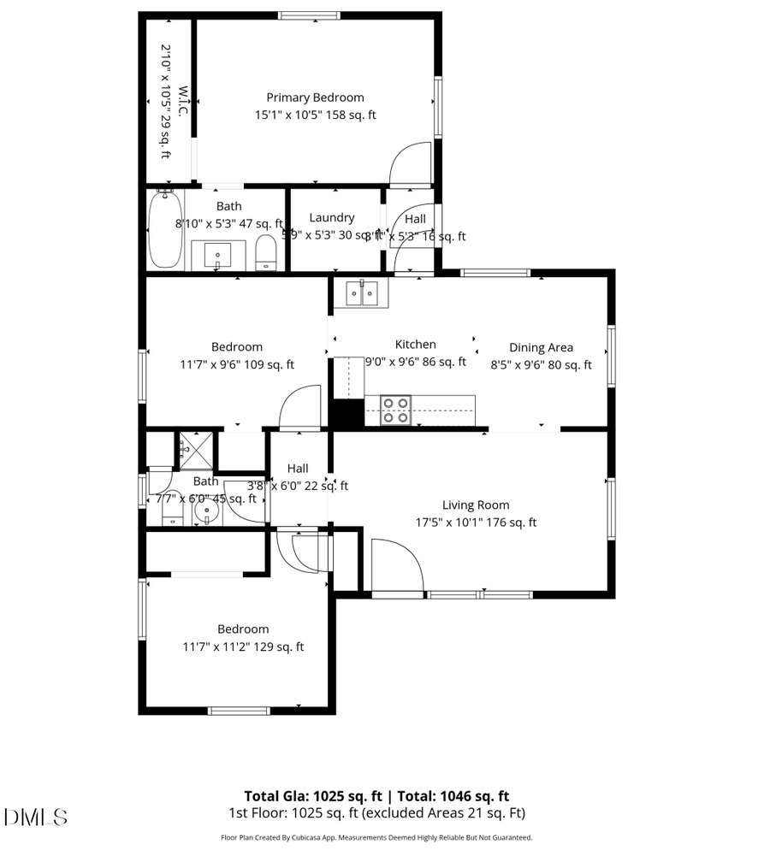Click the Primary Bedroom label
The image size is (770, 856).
pyautogui.click(x=315, y=97)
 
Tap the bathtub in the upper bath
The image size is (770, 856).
pyautogui.click(x=164, y=230)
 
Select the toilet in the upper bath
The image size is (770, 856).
pyautogui.click(x=267, y=252)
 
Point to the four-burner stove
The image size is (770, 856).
pyautogui.click(x=396, y=410)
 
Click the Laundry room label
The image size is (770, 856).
pyautogui.click(x=332, y=218)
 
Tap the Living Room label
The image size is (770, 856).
pyautogui.click(x=476, y=505)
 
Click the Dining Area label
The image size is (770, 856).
pyautogui.click(x=541, y=348)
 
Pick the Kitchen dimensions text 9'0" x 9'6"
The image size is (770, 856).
pyautogui.click(x=416, y=363)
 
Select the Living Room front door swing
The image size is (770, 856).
pyautogui.click(x=396, y=564)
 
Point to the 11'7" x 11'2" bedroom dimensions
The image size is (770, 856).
pyautogui.click(x=243, y=647)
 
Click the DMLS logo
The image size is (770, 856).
pyautogui.click(x=36, y=817)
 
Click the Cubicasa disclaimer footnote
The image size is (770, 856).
pyautogui.click(x=376, y=838)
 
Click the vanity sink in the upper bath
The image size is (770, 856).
pyautogui.click(x=218, y=254)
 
